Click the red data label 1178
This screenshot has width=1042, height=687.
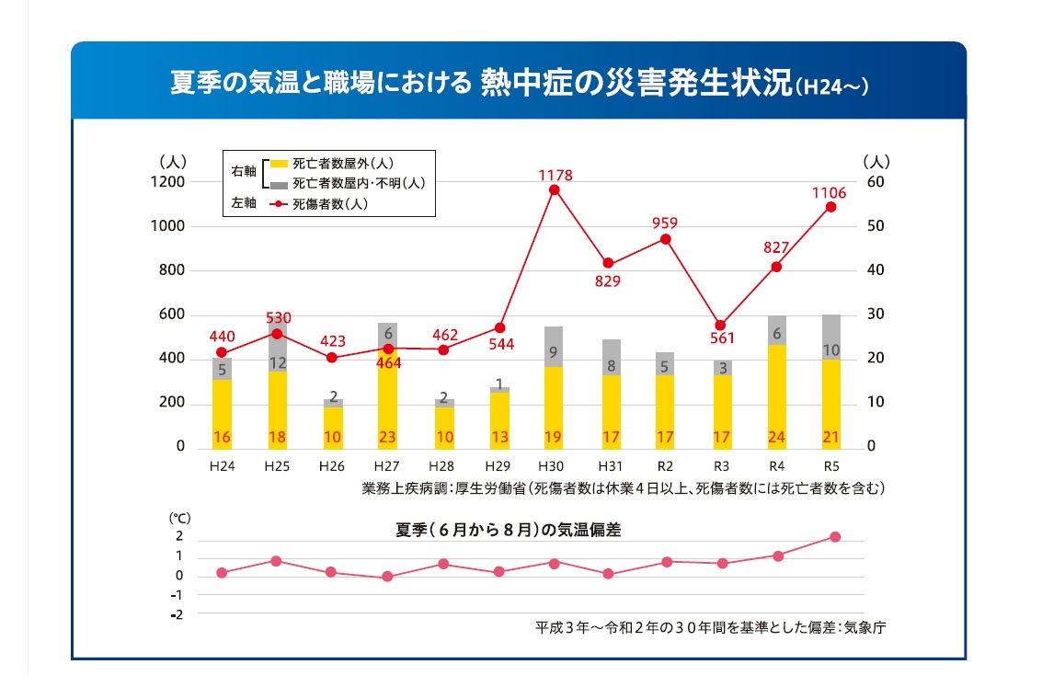click(555, 175)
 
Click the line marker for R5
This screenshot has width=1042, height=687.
click(830, 207)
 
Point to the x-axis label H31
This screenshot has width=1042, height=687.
click(609, 466)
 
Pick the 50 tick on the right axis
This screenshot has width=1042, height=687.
click(876, 226)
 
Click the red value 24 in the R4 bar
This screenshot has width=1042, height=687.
click(775, 436)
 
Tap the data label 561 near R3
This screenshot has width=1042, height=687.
click(721, 338)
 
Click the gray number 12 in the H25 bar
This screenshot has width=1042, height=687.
click(277, 363)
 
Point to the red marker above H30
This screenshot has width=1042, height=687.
click(554, 190)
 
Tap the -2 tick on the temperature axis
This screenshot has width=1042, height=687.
click(177, 614)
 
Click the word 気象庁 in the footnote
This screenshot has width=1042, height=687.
click(865, 629)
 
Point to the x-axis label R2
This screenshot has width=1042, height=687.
click(665, 466)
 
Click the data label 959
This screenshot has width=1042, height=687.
click(665, 223)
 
